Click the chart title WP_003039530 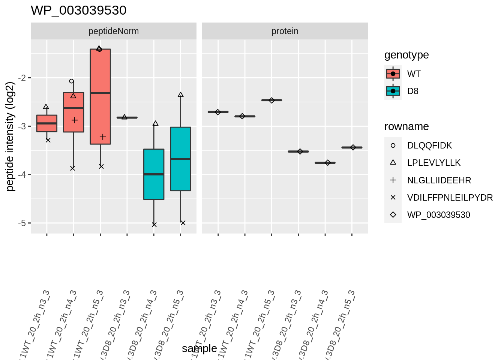[x=78, y=10]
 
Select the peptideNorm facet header [x=113, y=31]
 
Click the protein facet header [x=285, y=31]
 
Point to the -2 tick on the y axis [x=23, y=78]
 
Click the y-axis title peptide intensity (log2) [x=10, y=136]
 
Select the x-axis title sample [x=199, y=348]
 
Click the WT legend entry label [x=414, y=74]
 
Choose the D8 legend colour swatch [x=393, y=91]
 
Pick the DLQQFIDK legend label [x=429, y=145]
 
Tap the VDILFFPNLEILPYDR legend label [x=450, y=198]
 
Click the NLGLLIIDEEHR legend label [x=439, y=180]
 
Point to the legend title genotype [x=406, y=55]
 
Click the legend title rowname [x=406, y=126]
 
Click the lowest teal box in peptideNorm [x=154, y=174]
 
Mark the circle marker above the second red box [x=72, y=81]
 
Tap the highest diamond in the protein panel [x=271, y=100]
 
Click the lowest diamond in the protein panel [x=328, y=163]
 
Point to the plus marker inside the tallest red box [x=103, y=137]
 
